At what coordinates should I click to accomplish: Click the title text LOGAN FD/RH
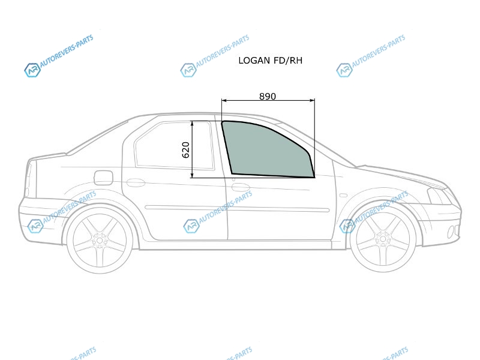tap(271, 61)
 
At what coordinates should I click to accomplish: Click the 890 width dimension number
tap(268, 97)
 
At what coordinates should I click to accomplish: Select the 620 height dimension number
tap(186, 149)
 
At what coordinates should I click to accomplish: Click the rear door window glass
tap(175, 146)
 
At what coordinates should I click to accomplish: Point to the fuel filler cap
tap(103, 178)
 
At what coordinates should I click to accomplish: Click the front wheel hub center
tap(383, 238)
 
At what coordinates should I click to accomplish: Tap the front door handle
tap(241, 187)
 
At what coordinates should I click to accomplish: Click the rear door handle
tap(136, 183)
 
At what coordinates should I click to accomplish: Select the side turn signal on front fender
tap(343, 196)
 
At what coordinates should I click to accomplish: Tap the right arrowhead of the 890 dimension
tap(312, 100)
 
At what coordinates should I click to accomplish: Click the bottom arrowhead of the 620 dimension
tap(192, 175)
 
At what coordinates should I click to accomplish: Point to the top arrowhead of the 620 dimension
tap(192, 124)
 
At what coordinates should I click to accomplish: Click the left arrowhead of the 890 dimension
tap(224, 100)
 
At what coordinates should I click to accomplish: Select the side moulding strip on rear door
tap(185, 208)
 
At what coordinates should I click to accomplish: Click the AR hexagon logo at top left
tap(32, 70)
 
